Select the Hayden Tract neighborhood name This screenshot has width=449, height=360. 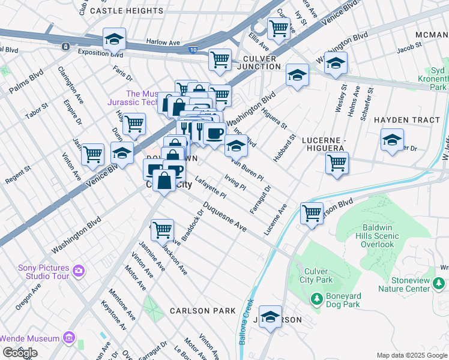click(x=407, y=120)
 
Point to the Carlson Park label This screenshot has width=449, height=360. click(x=202, y=311)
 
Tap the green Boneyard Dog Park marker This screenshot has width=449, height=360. click(x=316, y=298)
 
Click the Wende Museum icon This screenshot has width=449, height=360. click(x=70, y=339)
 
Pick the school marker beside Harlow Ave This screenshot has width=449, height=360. click(x=114, y=39)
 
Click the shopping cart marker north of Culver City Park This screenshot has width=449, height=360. click(x=312, y=212)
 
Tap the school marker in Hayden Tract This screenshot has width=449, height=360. click(x=392, y=140)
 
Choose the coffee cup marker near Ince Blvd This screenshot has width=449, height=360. click(x=214, y=134)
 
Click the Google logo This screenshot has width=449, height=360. click(x=20, y=353)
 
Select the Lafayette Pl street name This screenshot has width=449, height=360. click(x=210, y=187)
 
